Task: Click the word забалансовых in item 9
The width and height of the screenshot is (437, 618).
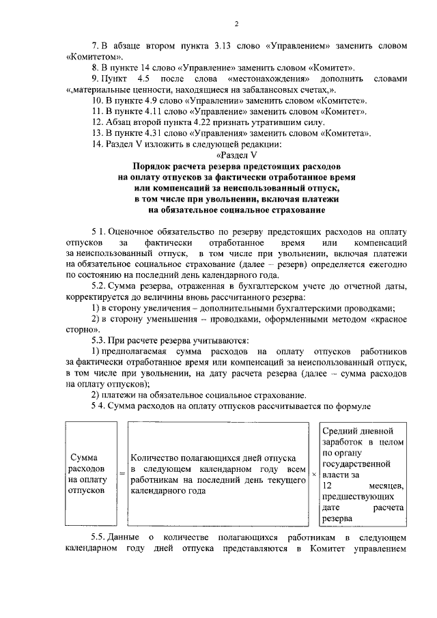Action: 241,90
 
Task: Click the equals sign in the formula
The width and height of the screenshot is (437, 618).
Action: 122,473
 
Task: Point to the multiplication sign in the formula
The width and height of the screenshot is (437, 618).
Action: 314,473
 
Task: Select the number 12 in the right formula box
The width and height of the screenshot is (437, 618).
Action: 327,485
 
